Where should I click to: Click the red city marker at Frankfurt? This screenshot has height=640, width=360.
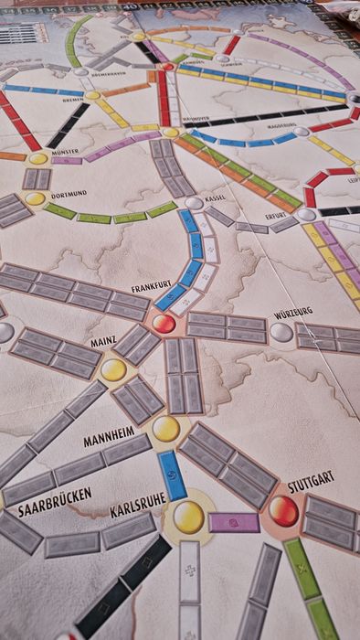164,324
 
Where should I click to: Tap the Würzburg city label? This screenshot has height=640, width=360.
293,313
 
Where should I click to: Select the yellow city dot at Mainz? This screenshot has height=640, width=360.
113,370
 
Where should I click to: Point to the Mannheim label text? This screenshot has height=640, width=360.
109,438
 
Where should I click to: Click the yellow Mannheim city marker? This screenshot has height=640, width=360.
165,428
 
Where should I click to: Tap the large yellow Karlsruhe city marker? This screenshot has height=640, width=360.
189,517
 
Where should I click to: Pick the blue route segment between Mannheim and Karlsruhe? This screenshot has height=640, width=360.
173,475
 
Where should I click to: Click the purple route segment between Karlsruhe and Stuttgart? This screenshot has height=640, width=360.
234,522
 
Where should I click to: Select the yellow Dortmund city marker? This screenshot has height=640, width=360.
35,198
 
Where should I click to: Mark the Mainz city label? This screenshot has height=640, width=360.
102,343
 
